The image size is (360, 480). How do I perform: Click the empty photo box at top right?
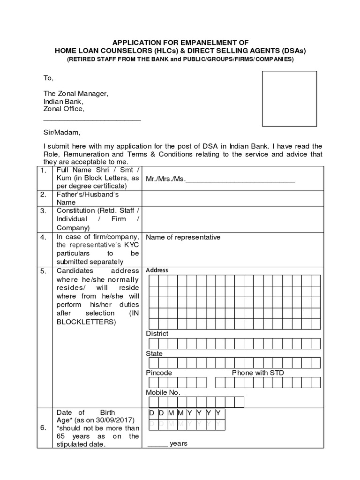(x=289, y=98)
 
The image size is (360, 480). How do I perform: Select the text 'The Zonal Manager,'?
(x=76, y=94)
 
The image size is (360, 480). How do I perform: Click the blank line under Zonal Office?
(x=92, y=120)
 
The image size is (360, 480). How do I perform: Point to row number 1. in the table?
(x=43, y=171)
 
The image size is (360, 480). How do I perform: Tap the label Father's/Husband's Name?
(x=88, y=198)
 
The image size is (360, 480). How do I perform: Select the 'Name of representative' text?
(x=183, y=237)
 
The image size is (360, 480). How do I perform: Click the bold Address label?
(x=157, y=270)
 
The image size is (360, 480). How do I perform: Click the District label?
(x=157, y=334)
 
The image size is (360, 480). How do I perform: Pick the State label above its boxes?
(x=154, y=353)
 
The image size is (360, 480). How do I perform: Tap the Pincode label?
(x=159, y=373)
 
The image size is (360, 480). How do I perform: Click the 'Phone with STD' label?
(x=258, y=373)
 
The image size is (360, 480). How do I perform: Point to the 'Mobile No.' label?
(x=163, y=392)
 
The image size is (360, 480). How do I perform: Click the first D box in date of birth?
(x=151, y=413)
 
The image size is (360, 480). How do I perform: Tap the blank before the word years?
(x=158, y=443)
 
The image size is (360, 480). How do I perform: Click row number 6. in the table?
(x=43, y=428)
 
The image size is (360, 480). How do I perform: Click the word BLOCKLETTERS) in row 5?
(x=85, y=322)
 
